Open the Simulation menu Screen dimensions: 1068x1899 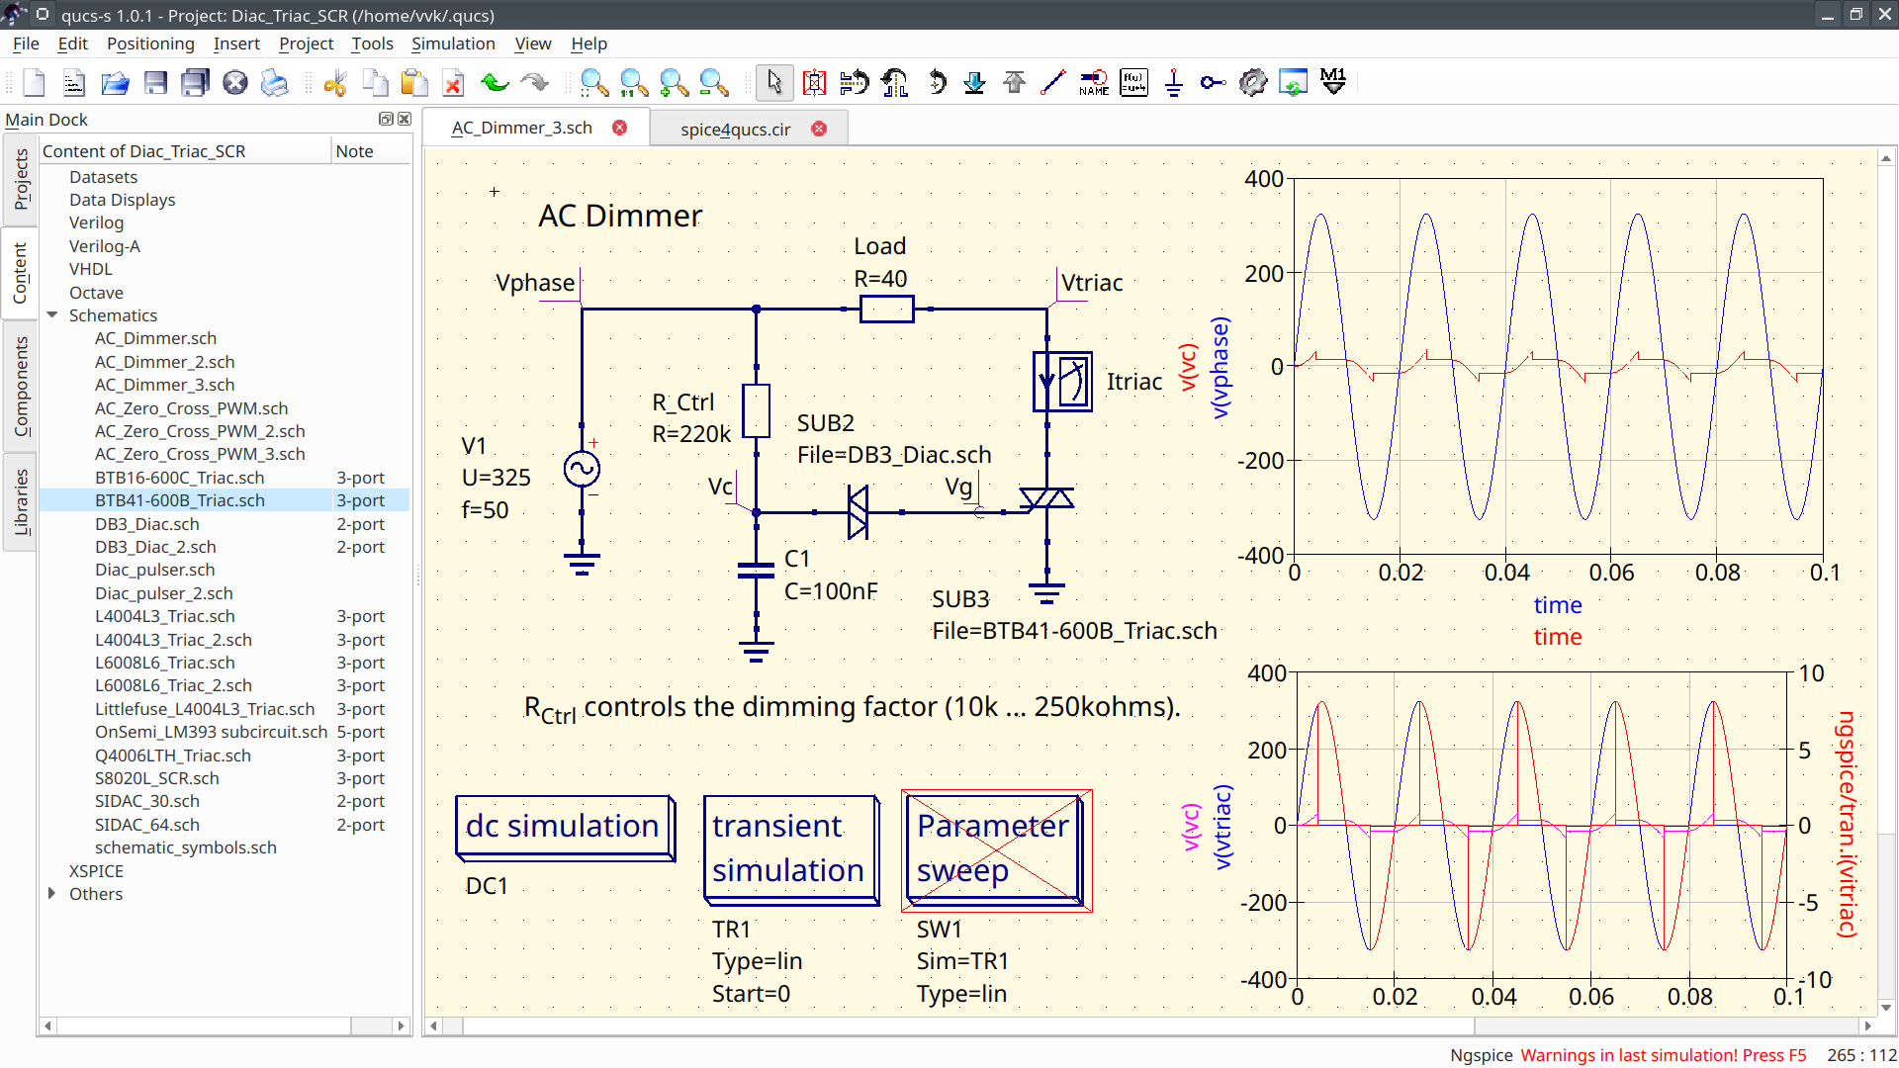453,44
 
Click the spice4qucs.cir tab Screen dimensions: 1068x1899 735,129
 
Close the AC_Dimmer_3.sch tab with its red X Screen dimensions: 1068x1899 620,128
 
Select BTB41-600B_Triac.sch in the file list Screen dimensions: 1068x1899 180,500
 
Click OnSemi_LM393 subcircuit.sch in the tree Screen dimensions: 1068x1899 211,732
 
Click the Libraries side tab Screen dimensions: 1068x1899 20,501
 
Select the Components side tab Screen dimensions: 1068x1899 20,386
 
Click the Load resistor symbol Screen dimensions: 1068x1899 886,310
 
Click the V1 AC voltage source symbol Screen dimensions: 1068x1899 582,469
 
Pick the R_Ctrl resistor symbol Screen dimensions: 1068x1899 756,410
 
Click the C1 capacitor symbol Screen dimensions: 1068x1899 756,571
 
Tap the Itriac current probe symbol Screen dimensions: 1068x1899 1062,382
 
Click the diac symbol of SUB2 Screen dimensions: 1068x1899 858,512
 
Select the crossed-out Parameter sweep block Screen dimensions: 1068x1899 995,849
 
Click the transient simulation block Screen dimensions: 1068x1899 790,848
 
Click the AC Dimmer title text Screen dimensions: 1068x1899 620,216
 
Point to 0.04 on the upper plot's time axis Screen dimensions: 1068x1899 1506,573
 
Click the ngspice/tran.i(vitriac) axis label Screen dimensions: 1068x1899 1846,824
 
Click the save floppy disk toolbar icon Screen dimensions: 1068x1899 155,83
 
